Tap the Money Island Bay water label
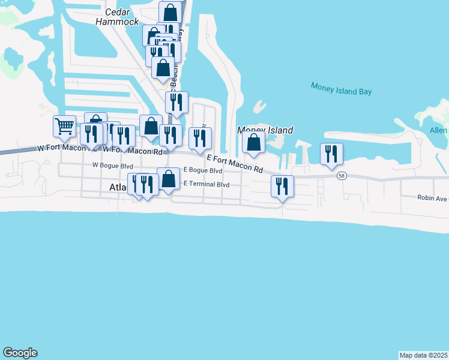point(341,89)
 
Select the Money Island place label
point(265,130)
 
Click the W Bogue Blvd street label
point(112,165)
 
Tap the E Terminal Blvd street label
point(206,184)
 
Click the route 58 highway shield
point(342,175)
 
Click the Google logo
point(20,353)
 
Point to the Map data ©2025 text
point(423,355)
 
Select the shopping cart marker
point(64,126)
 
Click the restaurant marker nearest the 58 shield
point(331,154)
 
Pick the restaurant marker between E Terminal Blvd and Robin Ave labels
point(282,187)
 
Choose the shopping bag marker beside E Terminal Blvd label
point(169,178)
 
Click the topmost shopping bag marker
point(170,12)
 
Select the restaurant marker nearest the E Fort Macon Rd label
point(199,138)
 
